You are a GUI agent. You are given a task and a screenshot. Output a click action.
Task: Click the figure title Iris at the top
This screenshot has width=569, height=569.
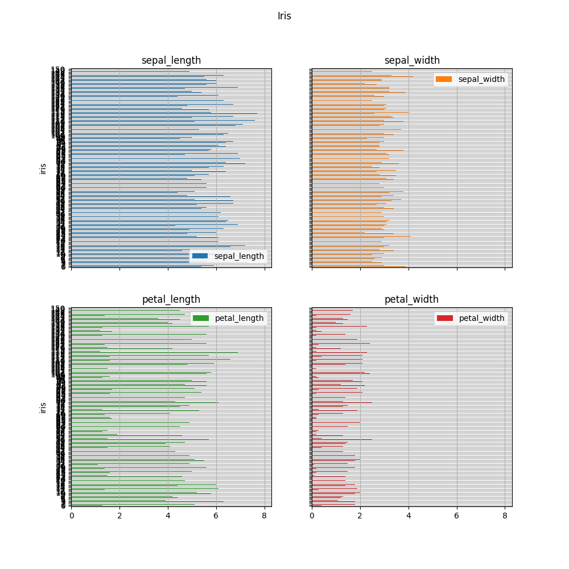point(284,16)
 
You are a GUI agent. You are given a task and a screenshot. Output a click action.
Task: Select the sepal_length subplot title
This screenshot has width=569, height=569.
point(171,60)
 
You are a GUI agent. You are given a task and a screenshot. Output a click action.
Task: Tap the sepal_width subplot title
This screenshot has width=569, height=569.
point(412,60)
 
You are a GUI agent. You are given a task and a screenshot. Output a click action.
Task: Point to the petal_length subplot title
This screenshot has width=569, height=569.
point(171,299)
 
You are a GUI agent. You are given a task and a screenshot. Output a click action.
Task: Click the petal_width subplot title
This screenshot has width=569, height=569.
point(412,299)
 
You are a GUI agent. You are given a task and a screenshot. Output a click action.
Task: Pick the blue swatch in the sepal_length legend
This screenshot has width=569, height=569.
point(200,256)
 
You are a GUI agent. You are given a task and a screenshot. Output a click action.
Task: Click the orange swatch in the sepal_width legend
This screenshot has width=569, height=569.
point(444,79)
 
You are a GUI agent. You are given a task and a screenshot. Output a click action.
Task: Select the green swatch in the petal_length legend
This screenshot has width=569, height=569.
point(201,318)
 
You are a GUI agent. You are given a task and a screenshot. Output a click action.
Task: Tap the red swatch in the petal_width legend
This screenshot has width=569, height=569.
point(444,318)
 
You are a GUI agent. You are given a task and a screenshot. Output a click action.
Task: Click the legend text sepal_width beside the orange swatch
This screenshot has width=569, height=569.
point(481,79)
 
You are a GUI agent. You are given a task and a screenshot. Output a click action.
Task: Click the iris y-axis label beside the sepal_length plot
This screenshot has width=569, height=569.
point(43,168)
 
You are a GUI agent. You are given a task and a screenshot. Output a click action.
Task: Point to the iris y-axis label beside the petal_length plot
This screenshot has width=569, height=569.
point(43,407)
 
